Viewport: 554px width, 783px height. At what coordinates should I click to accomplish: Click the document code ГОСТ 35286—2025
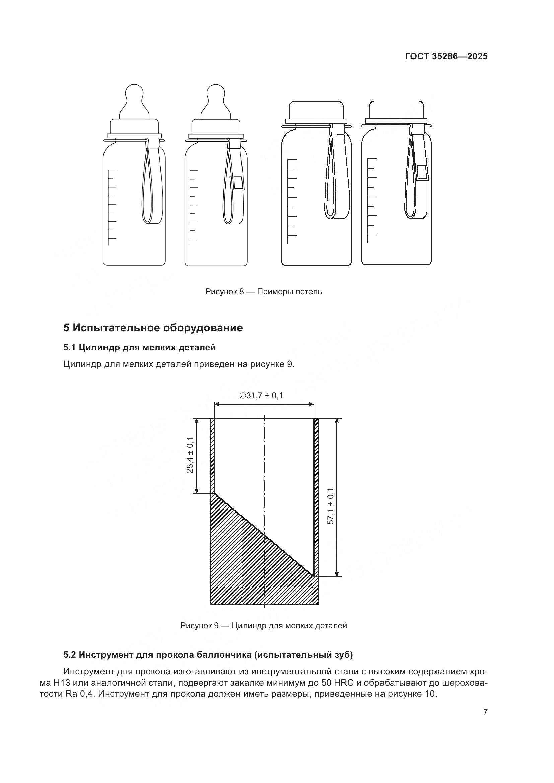coord(446,56)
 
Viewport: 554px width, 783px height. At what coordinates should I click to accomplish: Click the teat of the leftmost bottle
coord(134,101)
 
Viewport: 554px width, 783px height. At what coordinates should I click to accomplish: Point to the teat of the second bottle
coord(216,101)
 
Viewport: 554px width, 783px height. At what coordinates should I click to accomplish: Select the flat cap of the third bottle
coord(316,110)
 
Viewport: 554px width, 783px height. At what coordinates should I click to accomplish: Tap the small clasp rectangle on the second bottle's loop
coord(238,183)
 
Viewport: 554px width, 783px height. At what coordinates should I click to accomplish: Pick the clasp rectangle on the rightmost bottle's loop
coord(422,172)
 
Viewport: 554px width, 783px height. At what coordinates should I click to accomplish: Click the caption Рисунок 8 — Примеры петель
coord(263,292)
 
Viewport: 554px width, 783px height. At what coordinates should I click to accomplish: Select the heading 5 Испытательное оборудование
coord(153,328)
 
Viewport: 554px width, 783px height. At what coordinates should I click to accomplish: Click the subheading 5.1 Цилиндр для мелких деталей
coord(140,347)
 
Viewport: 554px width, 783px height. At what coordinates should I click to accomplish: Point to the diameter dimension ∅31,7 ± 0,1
coord(261,396)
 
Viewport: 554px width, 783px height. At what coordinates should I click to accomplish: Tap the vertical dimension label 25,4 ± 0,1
coord(190,455)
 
